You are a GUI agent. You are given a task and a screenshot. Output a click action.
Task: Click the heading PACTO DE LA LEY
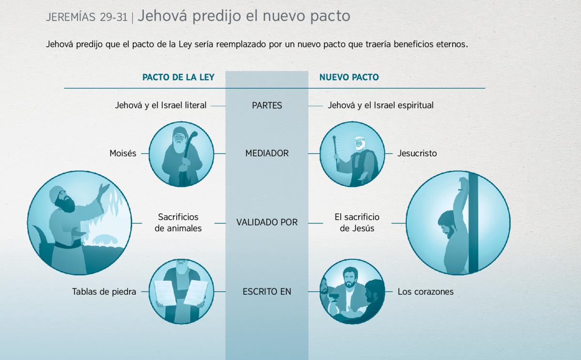point(179,77)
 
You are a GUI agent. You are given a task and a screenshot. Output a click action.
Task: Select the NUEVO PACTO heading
point(349,77)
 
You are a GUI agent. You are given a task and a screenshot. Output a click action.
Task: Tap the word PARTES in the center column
point(267,105)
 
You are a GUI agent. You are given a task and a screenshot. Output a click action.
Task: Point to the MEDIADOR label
point(267,153)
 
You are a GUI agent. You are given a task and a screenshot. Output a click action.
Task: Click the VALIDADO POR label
point(267,223)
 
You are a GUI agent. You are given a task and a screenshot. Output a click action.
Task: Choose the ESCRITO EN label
point(267,292)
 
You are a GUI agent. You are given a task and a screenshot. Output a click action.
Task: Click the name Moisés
point(123,153)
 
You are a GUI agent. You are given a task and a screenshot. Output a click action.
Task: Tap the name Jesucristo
point(417,153)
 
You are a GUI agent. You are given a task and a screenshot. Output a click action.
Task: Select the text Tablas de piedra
point(104,292)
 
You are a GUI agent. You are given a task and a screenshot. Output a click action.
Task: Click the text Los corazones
point(426,292)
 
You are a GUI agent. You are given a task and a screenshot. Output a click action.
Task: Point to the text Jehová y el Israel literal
point(161,105)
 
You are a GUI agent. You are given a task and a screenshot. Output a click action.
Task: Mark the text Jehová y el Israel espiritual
point(381,105)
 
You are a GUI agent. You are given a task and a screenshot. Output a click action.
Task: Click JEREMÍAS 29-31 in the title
point(87,17)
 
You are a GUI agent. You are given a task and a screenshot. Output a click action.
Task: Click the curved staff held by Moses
point(189,150)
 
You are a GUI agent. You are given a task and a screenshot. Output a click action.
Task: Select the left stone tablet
point(165,293)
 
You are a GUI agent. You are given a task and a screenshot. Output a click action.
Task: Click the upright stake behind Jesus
point(473,224)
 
